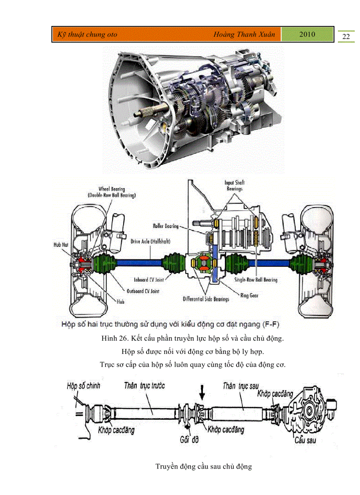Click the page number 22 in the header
tap(346, 36)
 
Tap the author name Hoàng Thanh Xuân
tap(244, 34)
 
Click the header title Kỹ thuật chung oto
tap(85, 34)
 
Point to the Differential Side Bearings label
tap(206, 299)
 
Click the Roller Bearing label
tap(166, 226)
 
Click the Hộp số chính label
tap(83, 386)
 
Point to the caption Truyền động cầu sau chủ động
tap(203, 466)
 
